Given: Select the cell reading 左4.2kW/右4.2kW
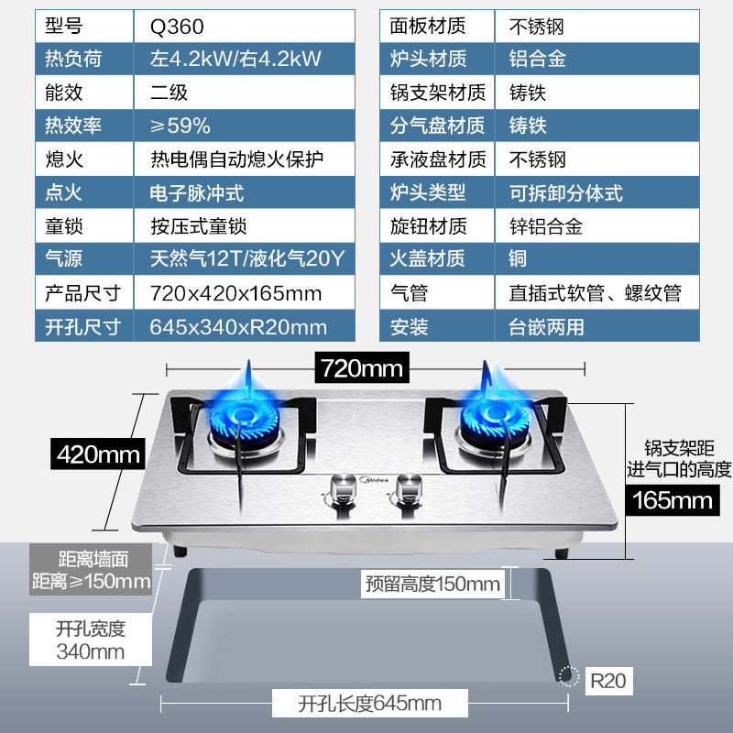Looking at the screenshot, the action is tap(235, 60).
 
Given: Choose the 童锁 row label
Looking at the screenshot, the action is tap(64, 226).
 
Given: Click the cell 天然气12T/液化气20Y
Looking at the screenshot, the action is tap(246, 259).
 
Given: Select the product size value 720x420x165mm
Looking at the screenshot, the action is tap(236, 293).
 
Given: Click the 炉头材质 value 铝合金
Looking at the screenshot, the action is tap(538, 60).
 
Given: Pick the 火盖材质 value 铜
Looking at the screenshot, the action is tap(519, 259).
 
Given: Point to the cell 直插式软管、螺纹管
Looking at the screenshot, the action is tap(596, 293).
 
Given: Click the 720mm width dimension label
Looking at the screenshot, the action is tap(361, 368).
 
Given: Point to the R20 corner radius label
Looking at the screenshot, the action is tap(606, 681).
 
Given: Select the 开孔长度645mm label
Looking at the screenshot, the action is tap(369, 704).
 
